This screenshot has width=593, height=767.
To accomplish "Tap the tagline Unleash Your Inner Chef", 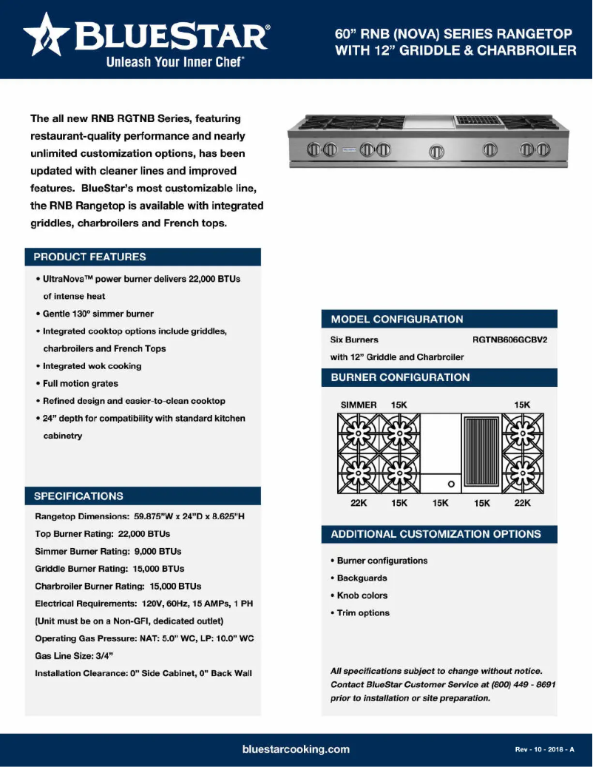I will coord(174,63).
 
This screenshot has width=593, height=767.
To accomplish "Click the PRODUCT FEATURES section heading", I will coord(89,257).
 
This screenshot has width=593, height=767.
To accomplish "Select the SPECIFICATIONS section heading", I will coord(79,496).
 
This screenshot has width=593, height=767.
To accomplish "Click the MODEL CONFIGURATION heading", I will coord(397,320).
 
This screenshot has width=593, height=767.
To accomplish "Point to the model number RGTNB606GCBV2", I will coord(515,340).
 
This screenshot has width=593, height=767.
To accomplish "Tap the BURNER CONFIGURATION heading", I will coord(400,377).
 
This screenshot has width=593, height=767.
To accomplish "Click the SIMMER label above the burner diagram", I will coord(359,405).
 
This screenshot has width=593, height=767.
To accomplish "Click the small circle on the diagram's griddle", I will coord(450,484).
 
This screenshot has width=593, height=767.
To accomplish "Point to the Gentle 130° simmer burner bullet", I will coord(98,314).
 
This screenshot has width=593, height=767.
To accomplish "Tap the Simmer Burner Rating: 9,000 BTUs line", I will coord(108,552).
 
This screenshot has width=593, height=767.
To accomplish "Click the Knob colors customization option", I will coord(362,595).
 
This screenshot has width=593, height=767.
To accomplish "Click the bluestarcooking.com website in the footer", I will coord(296,749).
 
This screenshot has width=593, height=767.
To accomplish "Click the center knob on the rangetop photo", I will coord(437,152).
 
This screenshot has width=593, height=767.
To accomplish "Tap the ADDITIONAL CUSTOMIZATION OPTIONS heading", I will coord(436,534).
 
